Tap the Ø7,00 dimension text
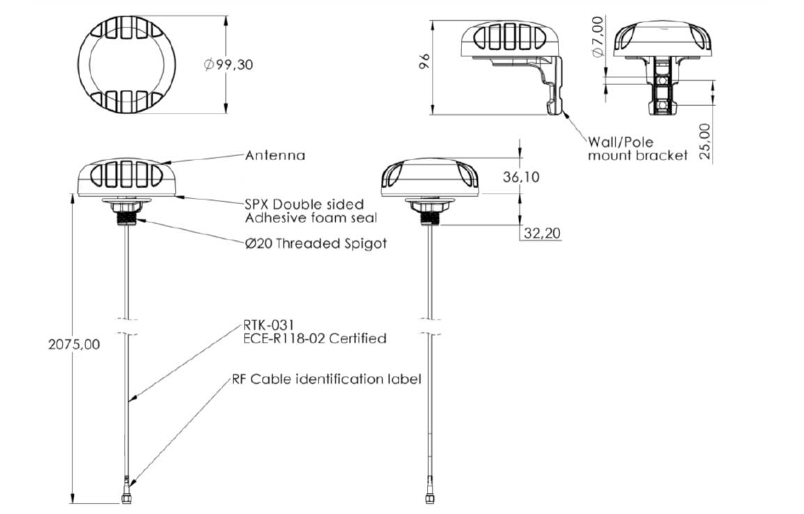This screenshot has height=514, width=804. (x=598, y=38)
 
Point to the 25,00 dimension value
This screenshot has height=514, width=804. (x=705, y=141)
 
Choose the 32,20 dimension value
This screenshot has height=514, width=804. (x=542, y=233)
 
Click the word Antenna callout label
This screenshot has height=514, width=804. (x=275, y=155)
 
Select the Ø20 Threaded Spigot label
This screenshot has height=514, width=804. (x=315, y=244)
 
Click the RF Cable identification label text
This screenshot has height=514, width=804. (x=326, y=380)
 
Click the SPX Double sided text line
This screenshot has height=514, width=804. (x=304, y=204)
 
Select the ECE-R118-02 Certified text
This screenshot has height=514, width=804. (x=315, y=338)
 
